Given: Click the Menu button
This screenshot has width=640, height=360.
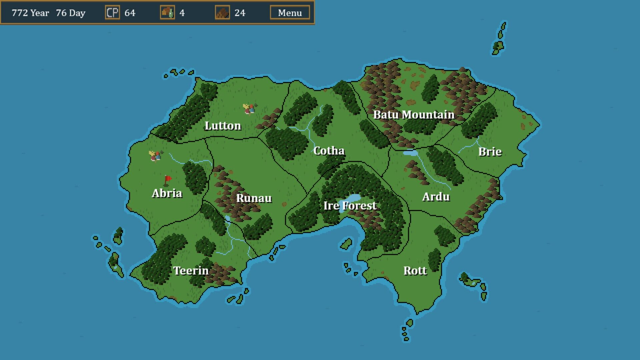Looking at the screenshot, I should coord(290,13).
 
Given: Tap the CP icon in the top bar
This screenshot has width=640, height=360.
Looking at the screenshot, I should coord(112,13).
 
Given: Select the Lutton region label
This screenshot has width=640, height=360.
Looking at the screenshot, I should coord(223,126).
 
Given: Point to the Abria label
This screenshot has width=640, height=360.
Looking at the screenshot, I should coord(167,193).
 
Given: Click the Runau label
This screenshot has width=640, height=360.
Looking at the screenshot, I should coord(254,198).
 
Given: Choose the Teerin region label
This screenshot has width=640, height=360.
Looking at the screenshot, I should coord(191,270).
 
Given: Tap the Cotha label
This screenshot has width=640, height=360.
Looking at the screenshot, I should coord(329,151).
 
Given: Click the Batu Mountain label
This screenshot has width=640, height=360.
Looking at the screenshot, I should coord(414,115).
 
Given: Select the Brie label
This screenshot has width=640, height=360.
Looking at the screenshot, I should coord(490,152).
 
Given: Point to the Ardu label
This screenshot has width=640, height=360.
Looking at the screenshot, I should coord(436,197).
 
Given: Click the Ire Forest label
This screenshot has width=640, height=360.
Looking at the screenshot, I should coord(350,206).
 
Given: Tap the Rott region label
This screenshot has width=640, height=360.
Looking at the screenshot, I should coord(415,270).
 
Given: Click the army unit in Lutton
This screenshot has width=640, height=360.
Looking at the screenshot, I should coord(249,109).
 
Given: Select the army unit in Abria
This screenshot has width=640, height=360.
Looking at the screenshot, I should coord(155,156).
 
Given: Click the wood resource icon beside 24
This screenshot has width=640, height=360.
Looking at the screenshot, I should coord(222,13).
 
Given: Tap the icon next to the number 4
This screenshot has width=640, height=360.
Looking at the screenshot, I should coord(167,13).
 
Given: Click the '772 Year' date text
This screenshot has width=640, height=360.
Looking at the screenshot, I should coord(30,13).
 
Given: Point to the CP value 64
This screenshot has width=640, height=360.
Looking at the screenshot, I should coord(130,13).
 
